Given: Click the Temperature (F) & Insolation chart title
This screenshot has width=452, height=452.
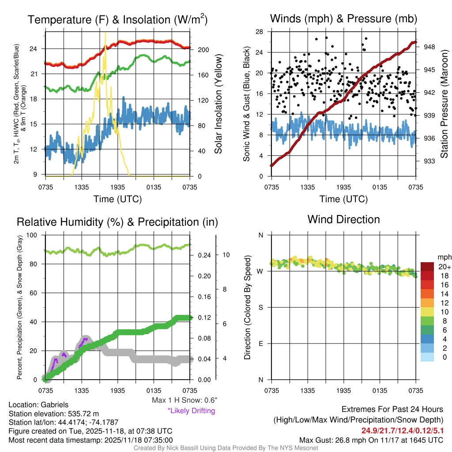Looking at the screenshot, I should tap(118, 19).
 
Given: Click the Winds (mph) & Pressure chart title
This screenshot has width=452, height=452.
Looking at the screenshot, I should tap(343, 19).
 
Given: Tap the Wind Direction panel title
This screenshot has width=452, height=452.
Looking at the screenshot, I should tap(343, 219).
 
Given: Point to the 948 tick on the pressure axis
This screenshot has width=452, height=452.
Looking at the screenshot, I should tap(429, 46).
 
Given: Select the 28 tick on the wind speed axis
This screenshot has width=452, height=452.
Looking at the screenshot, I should tap(260, 32).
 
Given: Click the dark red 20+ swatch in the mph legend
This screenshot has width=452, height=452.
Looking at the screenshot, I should tap(428, 267).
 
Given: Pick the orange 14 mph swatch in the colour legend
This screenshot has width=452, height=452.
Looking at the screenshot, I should tap(428, 294).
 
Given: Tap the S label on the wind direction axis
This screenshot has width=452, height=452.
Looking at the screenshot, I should tap(261, 307).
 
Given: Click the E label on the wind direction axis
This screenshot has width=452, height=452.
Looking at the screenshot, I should tap(261, 343).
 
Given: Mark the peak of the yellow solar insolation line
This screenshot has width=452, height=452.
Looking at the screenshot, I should tap(105, 33).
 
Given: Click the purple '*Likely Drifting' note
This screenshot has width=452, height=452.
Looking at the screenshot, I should tap(191, 411).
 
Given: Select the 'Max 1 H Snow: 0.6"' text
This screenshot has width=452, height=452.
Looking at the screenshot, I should tap(184, 400).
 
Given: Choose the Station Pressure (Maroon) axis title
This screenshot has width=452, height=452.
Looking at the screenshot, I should tap(444, 104).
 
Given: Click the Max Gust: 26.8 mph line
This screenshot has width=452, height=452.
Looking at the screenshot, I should tap(371, 440).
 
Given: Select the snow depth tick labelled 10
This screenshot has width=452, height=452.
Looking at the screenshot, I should tap(226, 255).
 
